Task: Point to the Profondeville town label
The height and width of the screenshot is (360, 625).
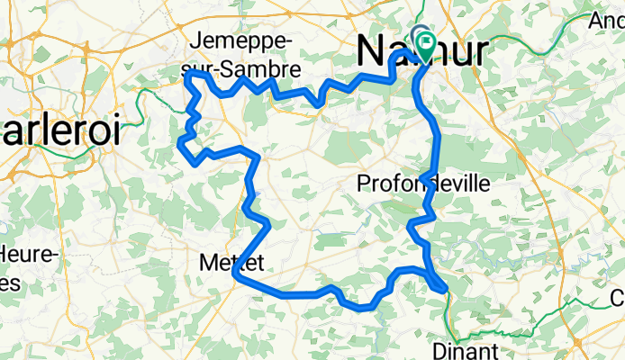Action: (x=423, y=184)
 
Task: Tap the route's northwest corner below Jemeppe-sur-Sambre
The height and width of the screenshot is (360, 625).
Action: (x=187, y=76)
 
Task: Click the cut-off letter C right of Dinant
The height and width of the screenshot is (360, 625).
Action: (x=618, y=297)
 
